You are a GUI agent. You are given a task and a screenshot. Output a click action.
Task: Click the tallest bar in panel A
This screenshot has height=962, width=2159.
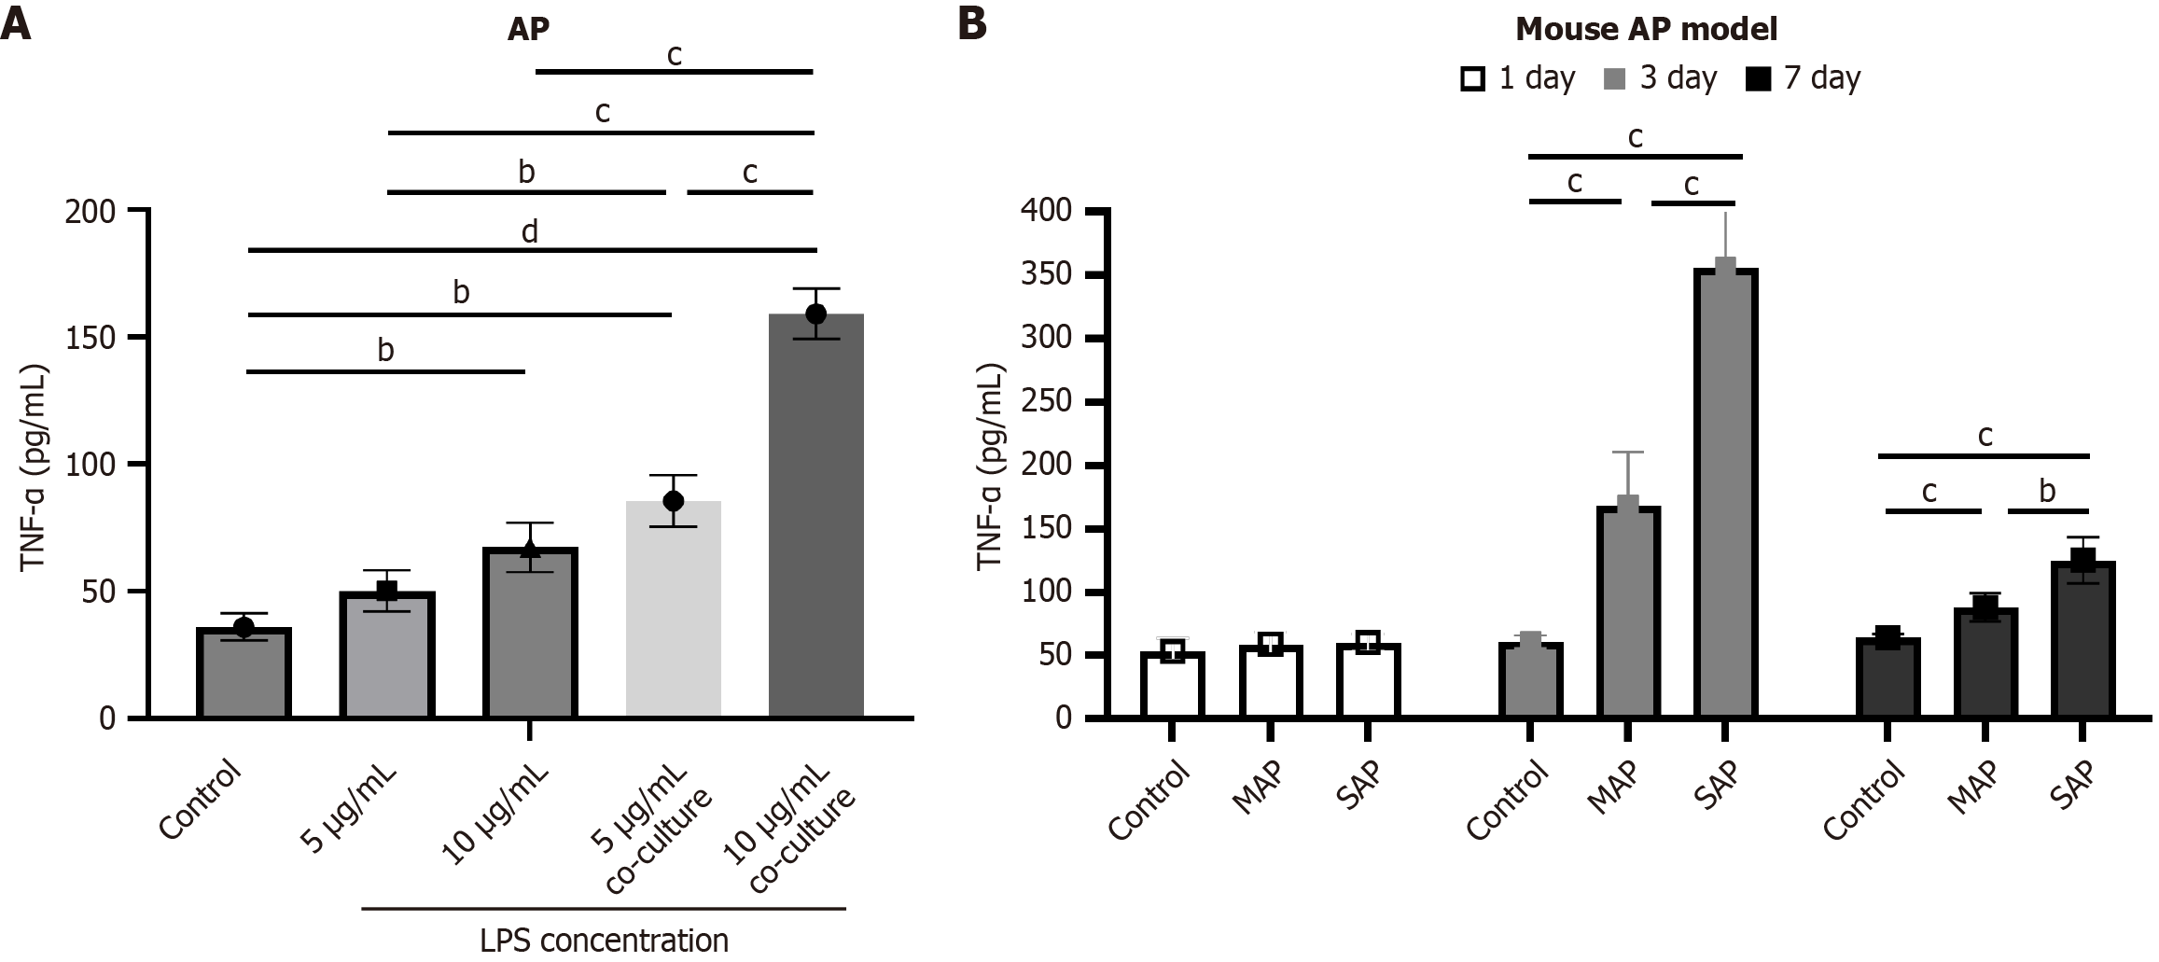pos(815,518)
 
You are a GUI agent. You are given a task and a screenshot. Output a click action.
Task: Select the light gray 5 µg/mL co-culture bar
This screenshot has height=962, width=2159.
pos(673,611)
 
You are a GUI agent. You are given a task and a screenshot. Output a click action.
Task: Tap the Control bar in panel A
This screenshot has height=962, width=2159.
pos(244,674)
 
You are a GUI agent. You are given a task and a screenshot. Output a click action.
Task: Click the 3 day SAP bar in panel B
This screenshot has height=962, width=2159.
pos(1724,495)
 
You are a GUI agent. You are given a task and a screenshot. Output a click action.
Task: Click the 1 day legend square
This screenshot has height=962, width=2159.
pos(1473,79)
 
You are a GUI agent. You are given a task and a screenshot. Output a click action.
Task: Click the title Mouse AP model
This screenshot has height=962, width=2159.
pos(1646,29)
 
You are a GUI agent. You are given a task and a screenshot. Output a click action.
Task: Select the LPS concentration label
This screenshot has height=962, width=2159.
pos(604,940)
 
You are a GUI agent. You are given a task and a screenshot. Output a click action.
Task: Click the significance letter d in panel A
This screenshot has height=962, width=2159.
pos(529,231)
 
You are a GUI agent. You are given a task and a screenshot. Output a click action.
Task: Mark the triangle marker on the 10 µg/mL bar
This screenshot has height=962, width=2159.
pos(530,549)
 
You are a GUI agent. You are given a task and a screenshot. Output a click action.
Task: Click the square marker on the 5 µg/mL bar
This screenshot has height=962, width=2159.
pos(386,591)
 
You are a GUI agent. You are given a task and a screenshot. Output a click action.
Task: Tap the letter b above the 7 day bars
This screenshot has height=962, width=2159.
pos(2046,491)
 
